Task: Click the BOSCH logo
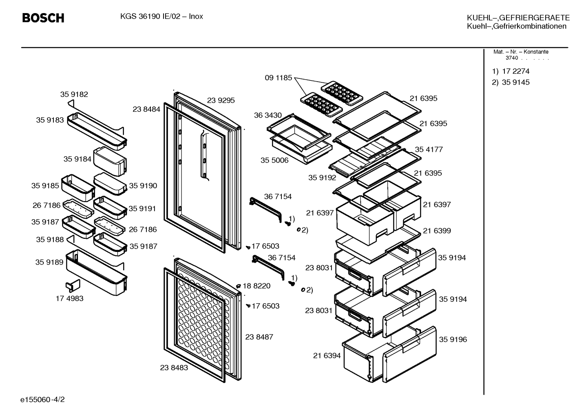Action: pyautogui.click(x=43, y=18)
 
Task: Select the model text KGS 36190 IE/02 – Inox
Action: pyautogui.click(x=161, y=16)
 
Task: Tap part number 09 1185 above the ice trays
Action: pyautogui.click(x=278, y=78)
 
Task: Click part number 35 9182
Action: pyautogui.click(x=74, y=94)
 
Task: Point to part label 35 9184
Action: pyautogui.click(x=77, y=159)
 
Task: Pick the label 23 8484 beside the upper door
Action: pyautogui.click(x=146, y=109)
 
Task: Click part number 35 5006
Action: pyautogui.click(x=274, y=160)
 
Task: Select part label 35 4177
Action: pyautogui.click(x=429, y=149)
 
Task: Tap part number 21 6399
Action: pyautogui.click(x=437, y=231)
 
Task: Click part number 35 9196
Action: pyautogui.click(x=453, y=340)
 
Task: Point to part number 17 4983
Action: pyautogui.click(x=70, y=298)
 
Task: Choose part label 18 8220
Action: pyautogui.click(x=256, y=286)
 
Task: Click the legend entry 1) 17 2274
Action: pyautogui.click(x=511, y=71)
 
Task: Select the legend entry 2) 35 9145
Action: pyautogui.click(x=511, y=82)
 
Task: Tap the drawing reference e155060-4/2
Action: pyautogui.click(x=42, y=399)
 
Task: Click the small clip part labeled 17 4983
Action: pyautogui.click(x=73, y=286)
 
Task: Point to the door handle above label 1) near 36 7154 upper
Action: pyautogui.click(x=265, y=209)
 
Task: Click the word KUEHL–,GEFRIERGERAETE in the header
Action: pyautogui.click(x=518, y=18)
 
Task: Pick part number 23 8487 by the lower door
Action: pyautogui.click(x=259, y=337)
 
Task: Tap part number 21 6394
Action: pyautogui.click(x=327, y=356)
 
